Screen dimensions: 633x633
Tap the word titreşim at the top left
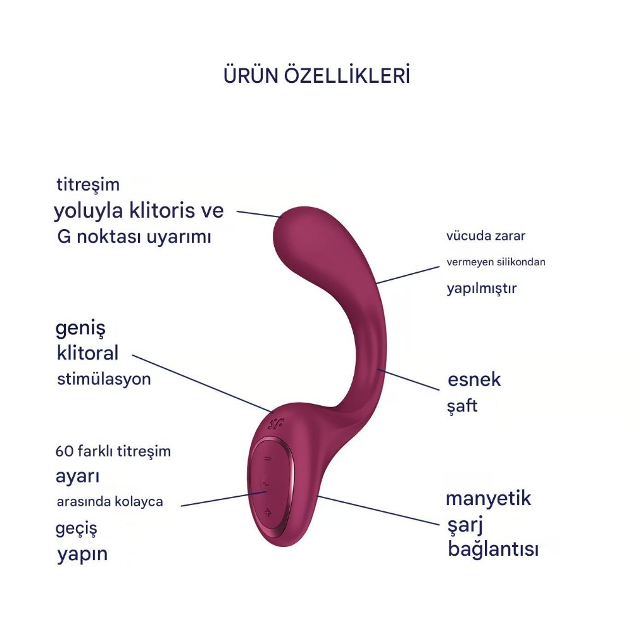click(x=88, y=184)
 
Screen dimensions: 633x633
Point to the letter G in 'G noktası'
click(x=64, y=237)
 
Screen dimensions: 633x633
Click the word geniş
click(x=80, y=329)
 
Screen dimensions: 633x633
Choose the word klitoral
click(x=87, y=353)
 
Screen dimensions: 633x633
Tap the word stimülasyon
click(x=104, y=379)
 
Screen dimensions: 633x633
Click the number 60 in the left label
click(x=64, y=451)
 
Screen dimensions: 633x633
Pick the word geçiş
click(x=77, y=529)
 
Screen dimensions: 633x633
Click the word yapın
click(x=82, y=555)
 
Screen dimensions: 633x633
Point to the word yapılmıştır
click(x=482, y=289)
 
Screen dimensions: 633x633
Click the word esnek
click(x=474, y=380)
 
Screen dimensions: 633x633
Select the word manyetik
click(x=489, y=499)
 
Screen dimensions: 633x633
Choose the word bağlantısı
click(x=493, y=549)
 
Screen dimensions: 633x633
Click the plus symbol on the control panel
click(x=268, y=513)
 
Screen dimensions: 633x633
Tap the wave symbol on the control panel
click(x=265, y=484)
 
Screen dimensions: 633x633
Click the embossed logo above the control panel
click(x=276, y=424)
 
